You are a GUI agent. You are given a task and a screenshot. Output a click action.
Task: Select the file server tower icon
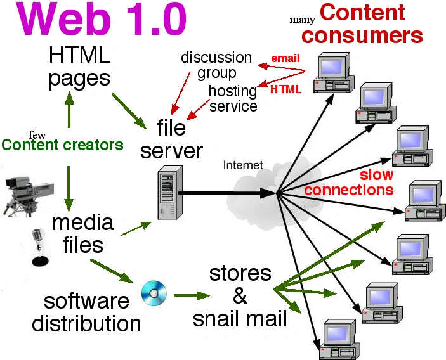[166, 193]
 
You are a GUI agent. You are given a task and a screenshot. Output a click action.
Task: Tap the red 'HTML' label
[285, 89]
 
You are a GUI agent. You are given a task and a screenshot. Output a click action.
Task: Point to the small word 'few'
[37, 134]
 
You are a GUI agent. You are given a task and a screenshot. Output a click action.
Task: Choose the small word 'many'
[302, 19]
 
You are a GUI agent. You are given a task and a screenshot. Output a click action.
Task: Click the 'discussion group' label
[216, 65]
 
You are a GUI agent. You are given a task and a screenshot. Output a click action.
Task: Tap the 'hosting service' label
[233, 98]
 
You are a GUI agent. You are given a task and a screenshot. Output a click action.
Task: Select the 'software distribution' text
[86, 311]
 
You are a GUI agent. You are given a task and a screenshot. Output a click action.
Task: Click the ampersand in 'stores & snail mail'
[240, 295]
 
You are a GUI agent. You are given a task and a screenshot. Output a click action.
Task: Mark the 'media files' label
[83, 233]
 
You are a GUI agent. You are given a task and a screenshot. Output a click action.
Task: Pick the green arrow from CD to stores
[192, 295]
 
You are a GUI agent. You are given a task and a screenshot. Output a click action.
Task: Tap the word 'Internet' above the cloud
[243, 165]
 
